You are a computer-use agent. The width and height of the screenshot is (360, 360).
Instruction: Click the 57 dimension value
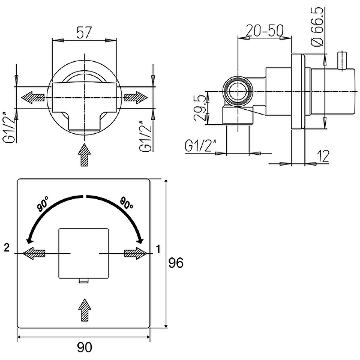pyautogui.click(x=84, y=32)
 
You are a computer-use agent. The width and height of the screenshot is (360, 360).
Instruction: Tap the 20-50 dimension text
pyautogui.click(x=265, y=30)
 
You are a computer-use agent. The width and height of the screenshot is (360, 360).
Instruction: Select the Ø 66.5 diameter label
pyautogui.click(x=317, y=27)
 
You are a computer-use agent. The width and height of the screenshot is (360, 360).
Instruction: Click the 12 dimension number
pyautogui.click(x=323, y=156)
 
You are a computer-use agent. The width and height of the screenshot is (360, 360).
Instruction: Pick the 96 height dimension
pyautogui.click(x=176, y=263)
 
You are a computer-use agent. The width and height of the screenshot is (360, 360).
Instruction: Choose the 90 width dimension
pyautogui.click(x=85, y=347)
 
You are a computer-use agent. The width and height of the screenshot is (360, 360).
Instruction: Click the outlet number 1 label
pyautogui.click(x=158, y=249)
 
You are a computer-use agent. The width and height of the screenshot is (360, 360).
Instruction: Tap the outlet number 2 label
pyautogui.click(x=7, y=248)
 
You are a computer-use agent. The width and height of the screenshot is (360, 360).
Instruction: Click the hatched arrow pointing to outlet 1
pyautogui.click(x=135, y=253)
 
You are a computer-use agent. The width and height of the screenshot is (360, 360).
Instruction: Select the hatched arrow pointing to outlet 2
pyautogui.click(x=34, y=253)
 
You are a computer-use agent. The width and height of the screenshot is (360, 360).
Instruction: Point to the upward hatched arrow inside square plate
pyautogui.click(x=85, y=310)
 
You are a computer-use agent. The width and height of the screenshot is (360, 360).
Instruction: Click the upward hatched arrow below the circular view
pyautogui.click(x=85, y=155)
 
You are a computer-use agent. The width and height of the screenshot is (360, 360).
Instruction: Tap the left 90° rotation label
pyautogui.click(x=43, y=203)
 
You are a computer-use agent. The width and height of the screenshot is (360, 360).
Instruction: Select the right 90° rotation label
pyautogui.click(x=126, y=203)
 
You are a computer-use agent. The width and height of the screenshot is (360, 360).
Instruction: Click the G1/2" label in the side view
pyautogui.click(x=201, y=145)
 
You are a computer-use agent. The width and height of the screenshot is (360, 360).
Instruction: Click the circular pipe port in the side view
pyautogui.click(x=238, y=91)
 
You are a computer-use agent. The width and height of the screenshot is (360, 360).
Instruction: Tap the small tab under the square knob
pyautogui.click(x=84, y=280)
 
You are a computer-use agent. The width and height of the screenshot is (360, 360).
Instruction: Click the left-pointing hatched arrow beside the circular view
pyautogui.click(x=32, y=98)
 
